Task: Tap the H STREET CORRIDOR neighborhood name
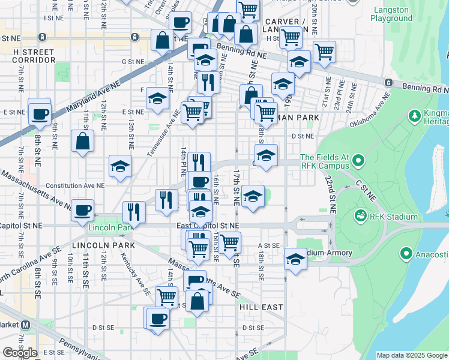point(34,56)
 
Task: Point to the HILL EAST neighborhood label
point(261,307)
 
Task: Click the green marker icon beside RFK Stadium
point(361,216)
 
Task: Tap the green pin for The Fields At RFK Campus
point(358,161)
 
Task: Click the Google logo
point(20,353)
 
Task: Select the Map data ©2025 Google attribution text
point(412,355)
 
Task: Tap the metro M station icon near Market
point(26,325)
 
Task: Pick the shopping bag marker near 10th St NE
point(82,142)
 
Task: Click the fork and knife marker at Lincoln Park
point(134,211)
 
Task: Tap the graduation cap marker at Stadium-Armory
point(295,259)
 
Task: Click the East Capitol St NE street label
point(208,225)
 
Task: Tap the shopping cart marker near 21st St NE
point(325,52)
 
